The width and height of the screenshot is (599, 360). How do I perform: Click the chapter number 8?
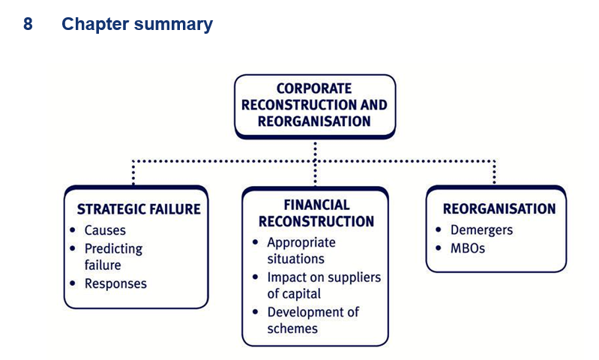pyautogui.click(x=28, y=24)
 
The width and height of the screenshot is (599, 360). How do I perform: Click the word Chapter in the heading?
pyautogui.click(x=95, y=25)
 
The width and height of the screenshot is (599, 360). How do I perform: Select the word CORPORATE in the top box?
pyautogui.click(x=314, y=88)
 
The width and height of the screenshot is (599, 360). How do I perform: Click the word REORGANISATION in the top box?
pyautogui.click(x=314, y=121)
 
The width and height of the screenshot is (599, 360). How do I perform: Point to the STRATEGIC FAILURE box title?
pyautogui.click(x=139, y=209)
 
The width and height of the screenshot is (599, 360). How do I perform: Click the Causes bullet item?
pyautogui.click(x=105, y=230)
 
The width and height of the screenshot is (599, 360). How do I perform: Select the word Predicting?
pyautogui.click(x=113, y=249)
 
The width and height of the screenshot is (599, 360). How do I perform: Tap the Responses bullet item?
pyautogui.click(x=115, y=283)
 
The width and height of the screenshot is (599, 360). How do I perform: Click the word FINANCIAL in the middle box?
pyautogui.click(x=316, y=205)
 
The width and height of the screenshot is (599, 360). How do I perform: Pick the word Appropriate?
pyautogui.click(x=301, y=243)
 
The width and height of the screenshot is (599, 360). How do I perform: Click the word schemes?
pyautogui.click(x=292, y=328)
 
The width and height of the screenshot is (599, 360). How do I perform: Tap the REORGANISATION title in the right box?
pyautogui.click(x=499, y=208)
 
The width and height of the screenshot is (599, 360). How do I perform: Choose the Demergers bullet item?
pyautogui.click(x=481, y=230)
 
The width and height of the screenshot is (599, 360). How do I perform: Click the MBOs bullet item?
pyautogui.click(x=468, y=248)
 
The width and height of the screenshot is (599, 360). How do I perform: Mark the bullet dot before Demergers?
pyautogui.click(x=438, y=229)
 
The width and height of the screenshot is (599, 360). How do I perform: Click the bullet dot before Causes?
pyautogui.click(x=73, y=230)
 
